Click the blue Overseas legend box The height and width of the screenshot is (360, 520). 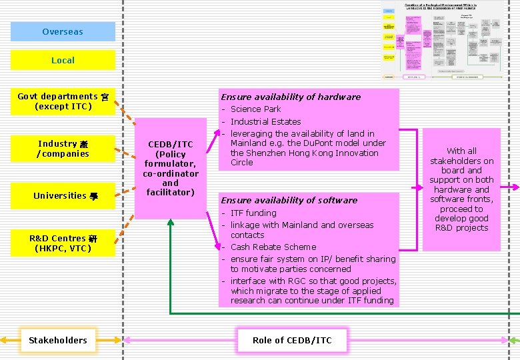coord(63,32)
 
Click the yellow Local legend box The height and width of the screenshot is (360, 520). coord(63,60)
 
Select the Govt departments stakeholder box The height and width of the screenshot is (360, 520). coord(63,101)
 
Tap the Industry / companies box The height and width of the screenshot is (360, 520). coord(63,149)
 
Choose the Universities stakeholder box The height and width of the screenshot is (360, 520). coord(63,195)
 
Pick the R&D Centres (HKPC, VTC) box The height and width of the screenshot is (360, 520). coord(63,243)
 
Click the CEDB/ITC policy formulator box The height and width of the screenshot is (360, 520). coord(171,168)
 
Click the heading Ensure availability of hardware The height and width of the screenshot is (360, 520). coord(291,97)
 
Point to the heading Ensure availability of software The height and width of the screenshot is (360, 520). coord(289,200)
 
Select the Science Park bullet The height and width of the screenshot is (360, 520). coord(255,109)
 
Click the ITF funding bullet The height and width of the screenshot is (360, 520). coord(253,213)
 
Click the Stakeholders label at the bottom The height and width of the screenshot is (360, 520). coord(58,340)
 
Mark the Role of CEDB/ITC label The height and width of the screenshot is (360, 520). coord(292,340)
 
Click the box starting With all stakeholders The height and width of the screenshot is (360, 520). coord(461,189)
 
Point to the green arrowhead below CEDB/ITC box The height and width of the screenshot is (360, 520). coord(171,223)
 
